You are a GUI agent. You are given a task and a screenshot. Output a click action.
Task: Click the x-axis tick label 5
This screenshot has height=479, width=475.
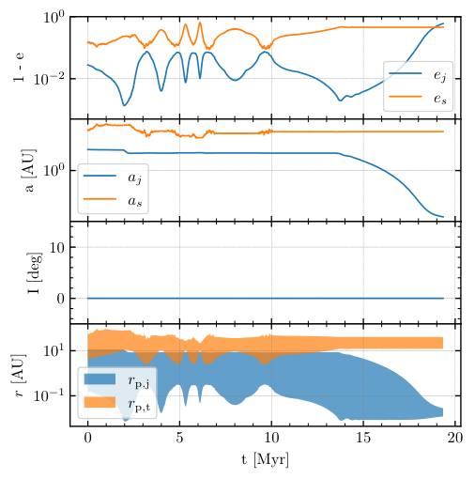179,438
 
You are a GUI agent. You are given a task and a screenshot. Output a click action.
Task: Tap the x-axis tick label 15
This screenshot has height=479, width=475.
363,438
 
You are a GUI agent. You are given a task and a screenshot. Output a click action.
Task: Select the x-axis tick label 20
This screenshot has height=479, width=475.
455,438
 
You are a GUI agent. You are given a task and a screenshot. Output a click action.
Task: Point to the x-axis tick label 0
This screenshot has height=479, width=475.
87,438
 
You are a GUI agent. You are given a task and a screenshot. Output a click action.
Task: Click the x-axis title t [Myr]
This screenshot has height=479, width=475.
265,460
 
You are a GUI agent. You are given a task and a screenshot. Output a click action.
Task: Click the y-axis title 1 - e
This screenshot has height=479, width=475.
19,68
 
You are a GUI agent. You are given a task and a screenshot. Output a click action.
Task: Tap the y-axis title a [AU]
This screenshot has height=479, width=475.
29,170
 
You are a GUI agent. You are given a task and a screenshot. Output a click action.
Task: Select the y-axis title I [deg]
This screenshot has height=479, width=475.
34,272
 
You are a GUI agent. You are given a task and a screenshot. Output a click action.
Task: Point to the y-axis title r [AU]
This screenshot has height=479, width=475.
19,376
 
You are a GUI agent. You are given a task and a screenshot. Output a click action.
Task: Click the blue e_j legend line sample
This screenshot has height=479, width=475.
406,73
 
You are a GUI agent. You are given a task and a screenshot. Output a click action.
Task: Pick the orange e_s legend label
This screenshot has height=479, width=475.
440,99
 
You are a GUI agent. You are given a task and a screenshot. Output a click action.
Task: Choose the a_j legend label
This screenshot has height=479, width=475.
135,178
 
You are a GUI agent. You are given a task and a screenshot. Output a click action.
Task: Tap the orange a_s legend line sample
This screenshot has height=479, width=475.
100,199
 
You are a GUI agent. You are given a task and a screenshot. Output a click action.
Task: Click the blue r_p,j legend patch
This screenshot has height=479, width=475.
100,379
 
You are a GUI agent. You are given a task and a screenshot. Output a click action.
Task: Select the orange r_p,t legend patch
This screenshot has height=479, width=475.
100,402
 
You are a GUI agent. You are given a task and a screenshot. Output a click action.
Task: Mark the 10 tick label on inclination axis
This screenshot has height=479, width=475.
57,247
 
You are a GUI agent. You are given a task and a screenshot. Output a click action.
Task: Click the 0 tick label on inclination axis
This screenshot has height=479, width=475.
61,299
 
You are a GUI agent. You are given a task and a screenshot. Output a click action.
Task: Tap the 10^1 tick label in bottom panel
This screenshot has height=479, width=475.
54,350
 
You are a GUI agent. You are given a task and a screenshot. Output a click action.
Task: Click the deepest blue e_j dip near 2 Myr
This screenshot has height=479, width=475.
124,105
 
